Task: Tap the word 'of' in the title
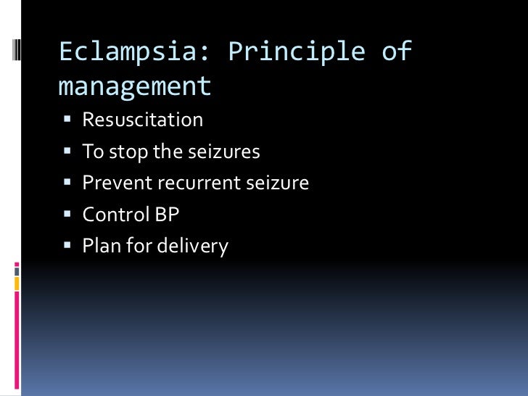(x=395, y=52)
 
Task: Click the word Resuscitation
(x=142, y=120)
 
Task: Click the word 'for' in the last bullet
(x=136, y=247)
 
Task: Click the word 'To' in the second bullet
(x=93, y=152)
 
